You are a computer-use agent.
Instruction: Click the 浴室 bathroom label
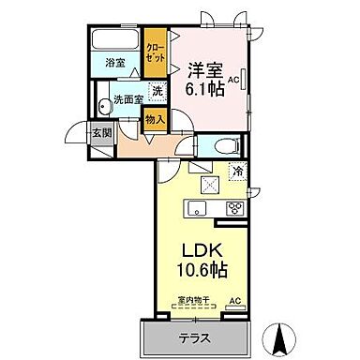click(x=114, y=67)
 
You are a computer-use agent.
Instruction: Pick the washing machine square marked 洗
click(x=157, y=92)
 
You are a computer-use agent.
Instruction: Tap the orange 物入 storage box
click(x=155, y=118)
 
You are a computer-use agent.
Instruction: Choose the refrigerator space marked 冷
click(x=238, y=172)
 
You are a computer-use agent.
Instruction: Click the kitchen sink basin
click(x=199, y=207)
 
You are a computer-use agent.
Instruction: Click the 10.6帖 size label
click(x=200, y=270)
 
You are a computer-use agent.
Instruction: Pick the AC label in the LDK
click(x=234, y=300)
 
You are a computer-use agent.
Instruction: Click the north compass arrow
click(x=279, y=335)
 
